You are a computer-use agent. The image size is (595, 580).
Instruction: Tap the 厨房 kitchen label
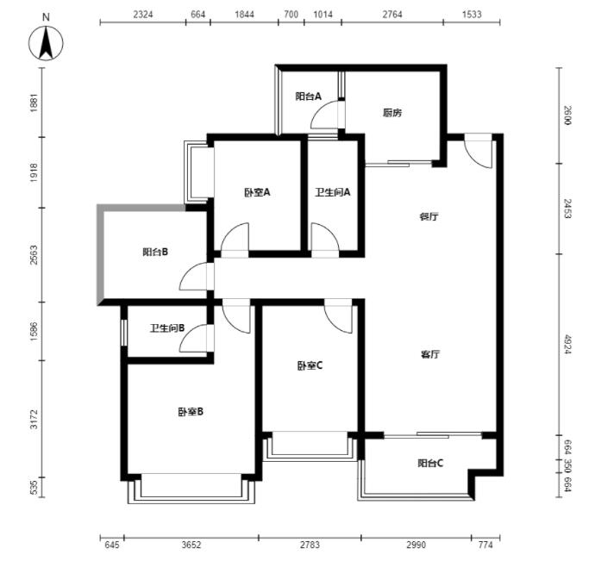[x=392, y=113]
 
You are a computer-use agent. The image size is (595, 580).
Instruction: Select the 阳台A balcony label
[x=308, y=97]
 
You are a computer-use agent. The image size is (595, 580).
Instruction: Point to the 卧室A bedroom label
[x=257, y=192]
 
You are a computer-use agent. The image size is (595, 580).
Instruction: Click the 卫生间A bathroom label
[x=332, y=192]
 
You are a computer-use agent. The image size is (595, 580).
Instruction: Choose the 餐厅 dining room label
[x=429, y=216]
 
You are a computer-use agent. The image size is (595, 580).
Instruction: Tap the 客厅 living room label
[x=430, y=354]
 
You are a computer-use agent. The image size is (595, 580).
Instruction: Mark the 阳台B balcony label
[x=155, y=252]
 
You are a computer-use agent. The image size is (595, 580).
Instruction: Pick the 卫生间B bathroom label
[x=167, y=327]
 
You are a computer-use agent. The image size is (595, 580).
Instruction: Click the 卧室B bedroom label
[x=191, y=412]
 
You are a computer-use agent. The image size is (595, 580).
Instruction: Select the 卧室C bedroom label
[x=310, y=365]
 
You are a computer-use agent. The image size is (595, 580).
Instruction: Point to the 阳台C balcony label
[x=430, y=463]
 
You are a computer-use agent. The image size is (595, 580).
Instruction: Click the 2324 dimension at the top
[x=143, y=15]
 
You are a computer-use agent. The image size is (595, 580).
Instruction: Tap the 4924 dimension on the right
[x=567, y=344]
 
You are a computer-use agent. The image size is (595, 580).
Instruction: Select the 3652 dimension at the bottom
[x=191, y=546]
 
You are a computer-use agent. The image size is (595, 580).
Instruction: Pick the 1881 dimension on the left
[x=34, y=103]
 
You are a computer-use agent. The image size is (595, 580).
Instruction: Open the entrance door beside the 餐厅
[x=478, y=151]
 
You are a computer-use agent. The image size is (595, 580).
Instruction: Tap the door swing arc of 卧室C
[x=338, y=319]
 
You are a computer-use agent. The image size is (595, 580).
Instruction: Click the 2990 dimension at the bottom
[x=416, y=546]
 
